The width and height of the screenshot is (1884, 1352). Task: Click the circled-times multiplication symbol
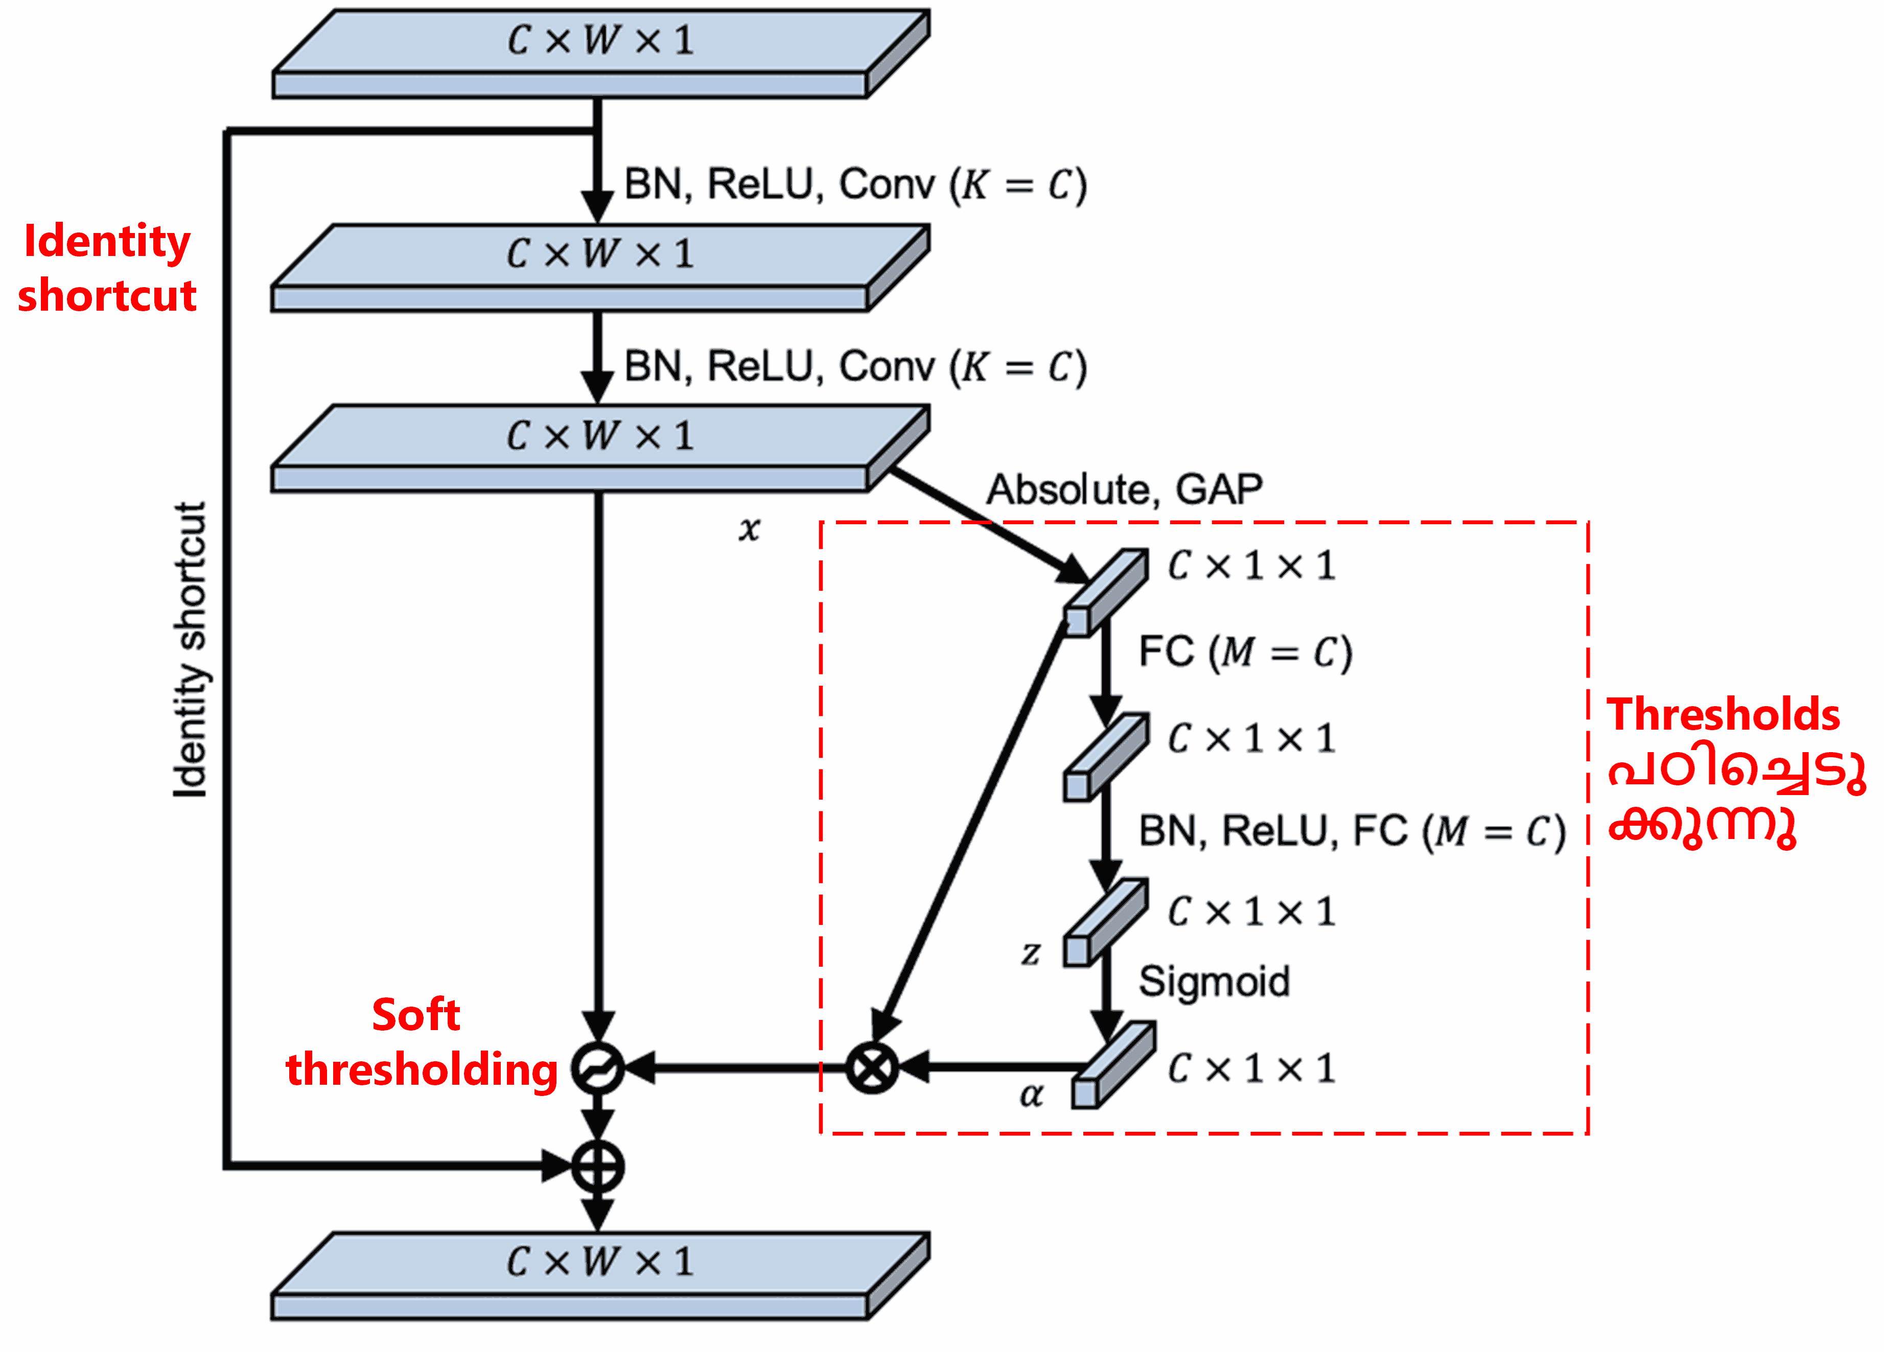point(871,1068)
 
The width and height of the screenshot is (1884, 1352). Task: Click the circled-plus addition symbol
point(597,1167)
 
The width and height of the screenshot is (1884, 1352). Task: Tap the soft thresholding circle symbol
point(597,1068)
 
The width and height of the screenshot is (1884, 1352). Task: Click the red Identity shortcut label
point(107,267)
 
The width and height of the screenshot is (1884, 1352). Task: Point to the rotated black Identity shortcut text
point(190,649)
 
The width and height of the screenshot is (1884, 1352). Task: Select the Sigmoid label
point(1214,982)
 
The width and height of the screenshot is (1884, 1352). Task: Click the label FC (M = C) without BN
point(1244,652)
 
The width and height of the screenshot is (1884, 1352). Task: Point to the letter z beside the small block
point(1031,953)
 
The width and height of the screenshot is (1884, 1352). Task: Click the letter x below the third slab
point(749,528)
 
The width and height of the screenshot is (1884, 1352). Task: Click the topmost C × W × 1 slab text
point(600,40)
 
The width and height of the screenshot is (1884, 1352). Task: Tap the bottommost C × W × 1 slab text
point(600,1262)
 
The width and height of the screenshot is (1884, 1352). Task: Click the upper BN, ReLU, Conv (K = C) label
point(855,184)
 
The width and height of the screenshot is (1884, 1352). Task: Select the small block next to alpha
point(1111,1065)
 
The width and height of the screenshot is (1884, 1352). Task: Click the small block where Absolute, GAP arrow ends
point(1106,592)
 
